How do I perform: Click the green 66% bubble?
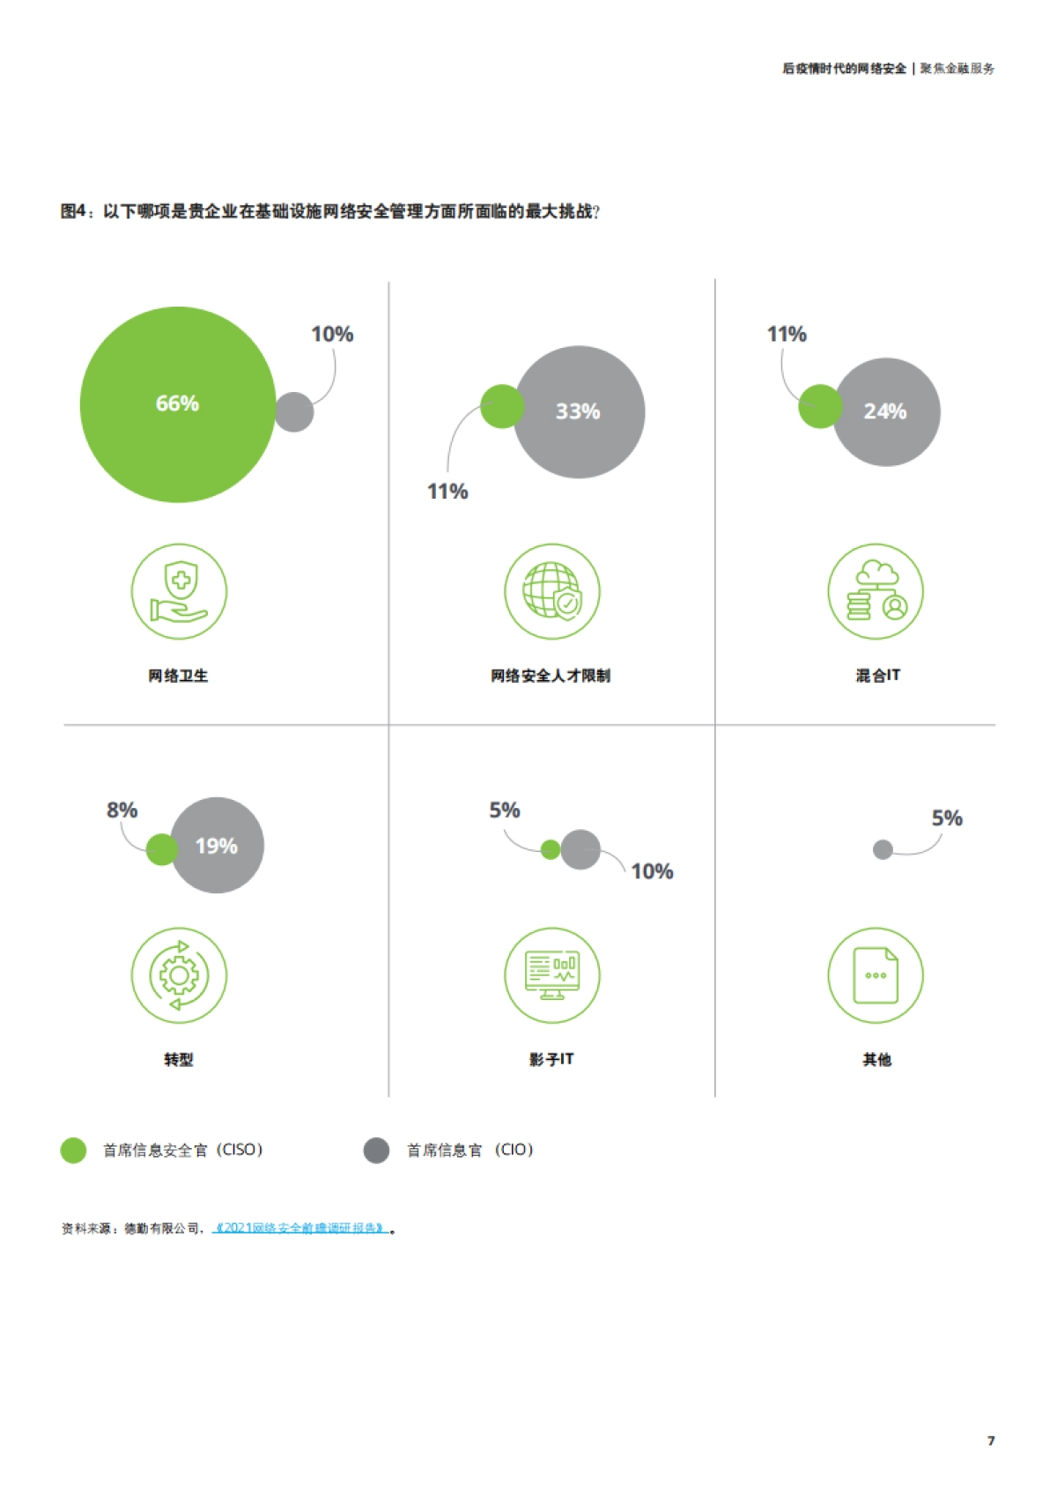(177, 404)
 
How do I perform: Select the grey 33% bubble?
(579, 411)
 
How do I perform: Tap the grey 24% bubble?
(886, 411)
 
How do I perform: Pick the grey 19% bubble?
(217, 846)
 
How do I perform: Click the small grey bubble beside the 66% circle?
(294, 411)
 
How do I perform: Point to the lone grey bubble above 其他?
(883, 849)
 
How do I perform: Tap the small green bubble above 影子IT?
(551, 849)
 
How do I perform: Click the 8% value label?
(122, 811)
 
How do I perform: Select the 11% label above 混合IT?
(787, 335)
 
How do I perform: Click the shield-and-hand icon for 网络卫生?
(179, 591)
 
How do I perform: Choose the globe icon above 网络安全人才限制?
(552, 591)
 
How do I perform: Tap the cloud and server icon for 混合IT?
(876, 591)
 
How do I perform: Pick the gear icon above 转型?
(179, 975)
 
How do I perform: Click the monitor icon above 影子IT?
(552, 975)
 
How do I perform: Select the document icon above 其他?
(876, 975)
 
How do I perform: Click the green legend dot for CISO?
(73, 1151)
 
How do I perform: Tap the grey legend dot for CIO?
(376, 1151)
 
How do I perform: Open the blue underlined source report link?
(300, 1228)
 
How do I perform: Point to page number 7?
(991, 1440)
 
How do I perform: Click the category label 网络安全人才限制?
(551, 676)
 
